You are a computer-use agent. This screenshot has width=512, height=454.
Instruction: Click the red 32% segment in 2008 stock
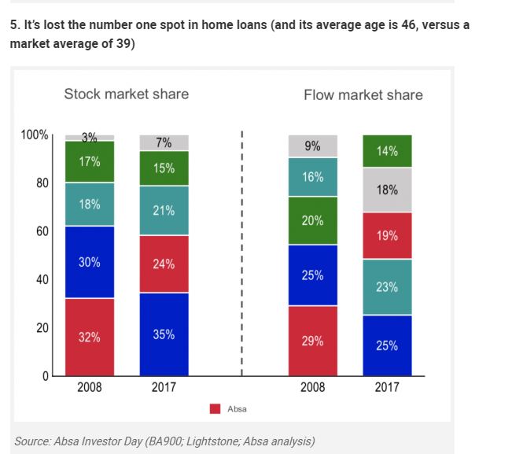(x=89, y=337)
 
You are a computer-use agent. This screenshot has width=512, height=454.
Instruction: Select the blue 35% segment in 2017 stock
(x=164, y=334)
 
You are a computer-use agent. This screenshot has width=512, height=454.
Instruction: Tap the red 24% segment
(x=164, y=264)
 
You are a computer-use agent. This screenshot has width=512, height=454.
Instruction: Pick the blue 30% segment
(x=89, y=262)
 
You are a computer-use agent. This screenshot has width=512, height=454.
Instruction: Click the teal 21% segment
(x=164, y=210)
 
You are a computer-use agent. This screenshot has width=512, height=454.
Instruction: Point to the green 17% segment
(x=89, y=161)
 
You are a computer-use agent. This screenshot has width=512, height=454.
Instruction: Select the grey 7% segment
(x=164, y=142)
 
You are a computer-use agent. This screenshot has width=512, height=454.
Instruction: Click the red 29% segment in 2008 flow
(x=312, y=340)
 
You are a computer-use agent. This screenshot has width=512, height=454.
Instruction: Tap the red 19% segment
(x=387, y=235)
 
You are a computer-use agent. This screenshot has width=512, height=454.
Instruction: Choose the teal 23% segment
(x=387, y=286)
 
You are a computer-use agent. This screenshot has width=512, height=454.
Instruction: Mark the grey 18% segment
(x=387, y=190)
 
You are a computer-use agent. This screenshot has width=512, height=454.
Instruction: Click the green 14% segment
(x=387, y=151)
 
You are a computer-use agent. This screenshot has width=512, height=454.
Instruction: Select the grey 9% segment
(x=312, y=146)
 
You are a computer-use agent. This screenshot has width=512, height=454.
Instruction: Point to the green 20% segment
(x=312, y=220)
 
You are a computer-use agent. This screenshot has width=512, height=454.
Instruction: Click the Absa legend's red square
(x=215, y=408)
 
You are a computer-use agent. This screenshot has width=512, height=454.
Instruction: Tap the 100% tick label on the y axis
(x=35, y=135)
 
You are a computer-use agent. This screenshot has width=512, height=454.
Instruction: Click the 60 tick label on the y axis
(x=42, y=231)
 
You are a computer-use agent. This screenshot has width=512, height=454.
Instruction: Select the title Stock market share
(x=126, y=94)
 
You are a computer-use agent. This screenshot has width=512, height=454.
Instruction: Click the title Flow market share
(x=363, y=95)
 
